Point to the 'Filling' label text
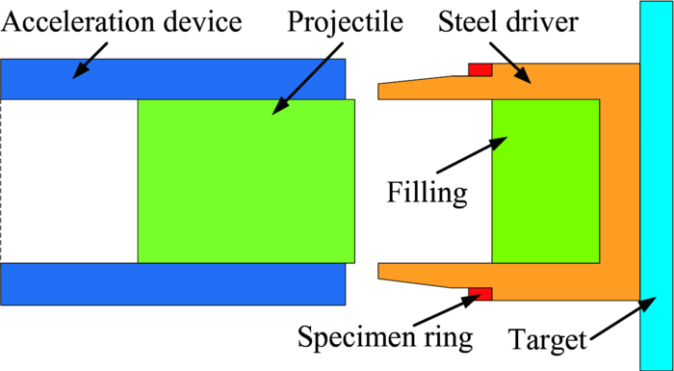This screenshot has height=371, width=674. pyautogui.click(x=428, y=191)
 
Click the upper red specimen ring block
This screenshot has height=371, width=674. pyautogui.click(x=480, y=68)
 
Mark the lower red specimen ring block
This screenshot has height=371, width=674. pyautogui.click(x=480, y=292)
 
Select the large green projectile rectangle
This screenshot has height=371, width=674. pyautogui.click(x=246, y=180)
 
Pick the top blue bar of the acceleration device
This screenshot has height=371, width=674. pyautogui.click(x=173, y=79)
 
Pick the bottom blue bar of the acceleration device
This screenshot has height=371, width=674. pyautogui.click(x=173, y=283)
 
